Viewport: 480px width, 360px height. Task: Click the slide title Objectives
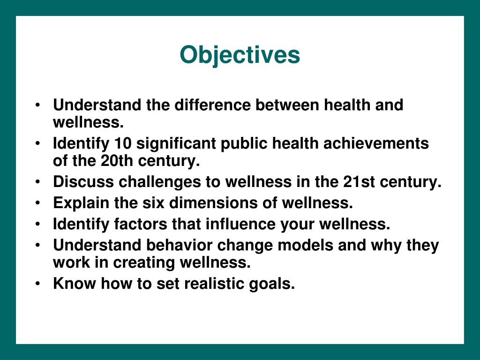240,55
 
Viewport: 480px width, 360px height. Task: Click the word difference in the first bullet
212,105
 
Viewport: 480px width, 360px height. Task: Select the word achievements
376,143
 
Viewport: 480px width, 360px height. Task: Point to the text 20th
117,161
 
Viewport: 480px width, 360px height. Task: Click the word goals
272,284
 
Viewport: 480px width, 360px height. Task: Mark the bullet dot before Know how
37,284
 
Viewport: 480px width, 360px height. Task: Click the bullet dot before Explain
37,203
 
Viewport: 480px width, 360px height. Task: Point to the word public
244,144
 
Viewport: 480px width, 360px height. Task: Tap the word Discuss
83,182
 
